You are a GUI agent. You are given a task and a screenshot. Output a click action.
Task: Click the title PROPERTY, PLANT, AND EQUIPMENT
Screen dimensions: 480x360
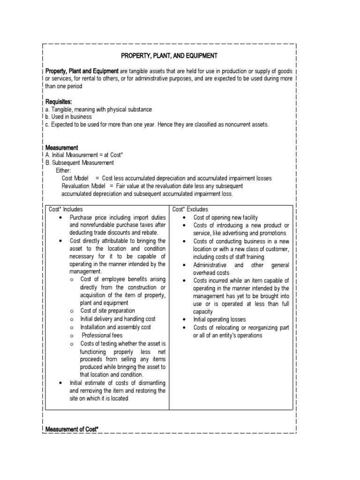[x=169, y=56]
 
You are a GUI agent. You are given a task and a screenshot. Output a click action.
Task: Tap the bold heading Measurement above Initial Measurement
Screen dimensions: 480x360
[x=61, y=148]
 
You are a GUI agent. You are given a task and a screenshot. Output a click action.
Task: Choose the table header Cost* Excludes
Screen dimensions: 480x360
[x=190, y=210]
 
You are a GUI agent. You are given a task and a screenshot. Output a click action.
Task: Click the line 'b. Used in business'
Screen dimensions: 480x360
[x=68, y=117]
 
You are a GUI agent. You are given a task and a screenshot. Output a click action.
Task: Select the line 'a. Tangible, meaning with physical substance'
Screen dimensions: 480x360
[x=98, y=109]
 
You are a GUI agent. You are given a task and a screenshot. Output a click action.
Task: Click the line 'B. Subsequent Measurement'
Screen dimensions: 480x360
[x=79, y=163]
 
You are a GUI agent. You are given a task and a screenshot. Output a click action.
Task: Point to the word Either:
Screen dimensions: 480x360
[x=63, y=171]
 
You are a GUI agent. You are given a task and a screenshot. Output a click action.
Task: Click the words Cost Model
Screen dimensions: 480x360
[x=76, y=179]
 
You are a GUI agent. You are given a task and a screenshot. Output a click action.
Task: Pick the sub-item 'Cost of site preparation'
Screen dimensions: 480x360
[x=107, y=310]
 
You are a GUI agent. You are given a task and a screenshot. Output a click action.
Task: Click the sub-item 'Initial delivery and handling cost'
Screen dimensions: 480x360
[x=118, y=318]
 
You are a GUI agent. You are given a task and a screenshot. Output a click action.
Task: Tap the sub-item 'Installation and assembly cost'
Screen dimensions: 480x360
[x=114, y=327]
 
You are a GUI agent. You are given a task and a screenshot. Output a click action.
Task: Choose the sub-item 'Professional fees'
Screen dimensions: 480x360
[x=102, y=336]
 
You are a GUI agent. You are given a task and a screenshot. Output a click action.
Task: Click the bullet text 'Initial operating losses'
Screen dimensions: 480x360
[x=220, y=319]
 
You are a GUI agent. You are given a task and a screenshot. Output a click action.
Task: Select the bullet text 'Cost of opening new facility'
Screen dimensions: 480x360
[x=225, y=217]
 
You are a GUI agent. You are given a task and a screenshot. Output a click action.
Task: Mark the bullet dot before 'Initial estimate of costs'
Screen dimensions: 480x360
[x=61, y=383]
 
